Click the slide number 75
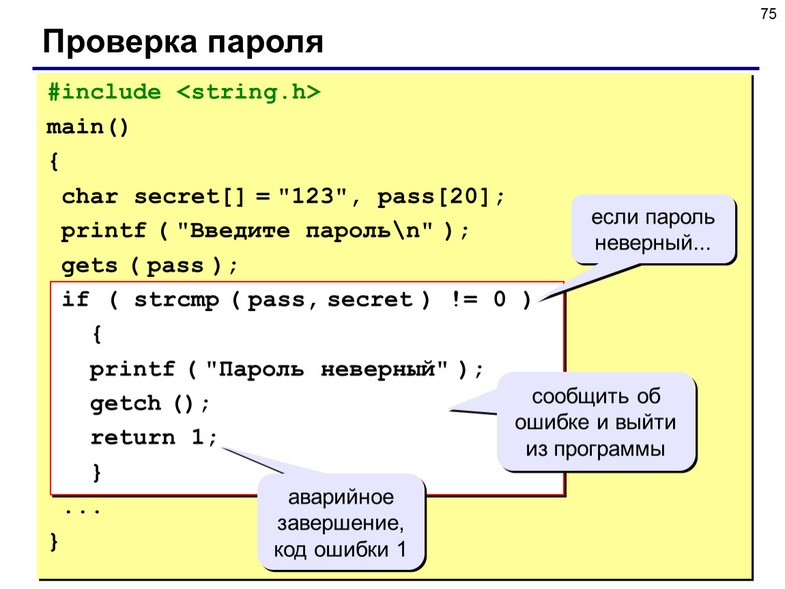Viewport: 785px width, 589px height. click(768, 14)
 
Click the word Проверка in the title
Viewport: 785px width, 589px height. click(120, 42)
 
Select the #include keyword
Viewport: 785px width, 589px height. click(104, 92)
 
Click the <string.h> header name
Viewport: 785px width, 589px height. click(248, 92)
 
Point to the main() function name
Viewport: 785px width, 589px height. click(87, 127)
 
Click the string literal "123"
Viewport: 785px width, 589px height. click(313, 196)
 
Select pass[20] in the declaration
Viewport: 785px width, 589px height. click(433, 196)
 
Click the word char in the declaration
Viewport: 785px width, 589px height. click(89, 196)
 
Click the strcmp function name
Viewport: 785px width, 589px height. click(177, 300)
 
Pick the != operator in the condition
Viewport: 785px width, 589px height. click(465, 299)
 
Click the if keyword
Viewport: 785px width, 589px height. click(75, 299)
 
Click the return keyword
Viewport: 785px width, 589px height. click(132, 437)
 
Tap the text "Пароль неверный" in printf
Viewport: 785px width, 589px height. click(326, 369)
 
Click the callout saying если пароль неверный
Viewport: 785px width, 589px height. click(653, 230)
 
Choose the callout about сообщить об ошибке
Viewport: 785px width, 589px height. click(596, 422)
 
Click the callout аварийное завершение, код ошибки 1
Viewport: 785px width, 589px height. click(341, 522)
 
